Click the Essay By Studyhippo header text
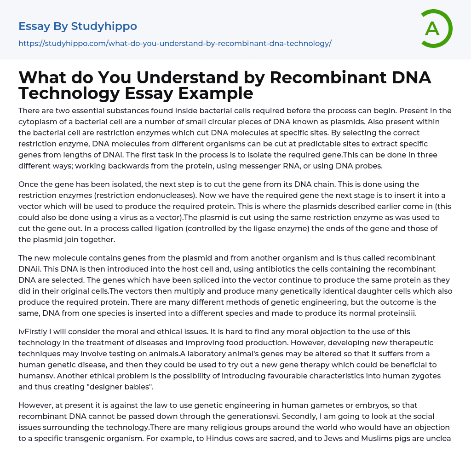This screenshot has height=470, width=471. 78,26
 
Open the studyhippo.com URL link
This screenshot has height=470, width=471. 175,43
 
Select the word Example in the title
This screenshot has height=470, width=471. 217,93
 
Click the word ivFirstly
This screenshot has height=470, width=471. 35,331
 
